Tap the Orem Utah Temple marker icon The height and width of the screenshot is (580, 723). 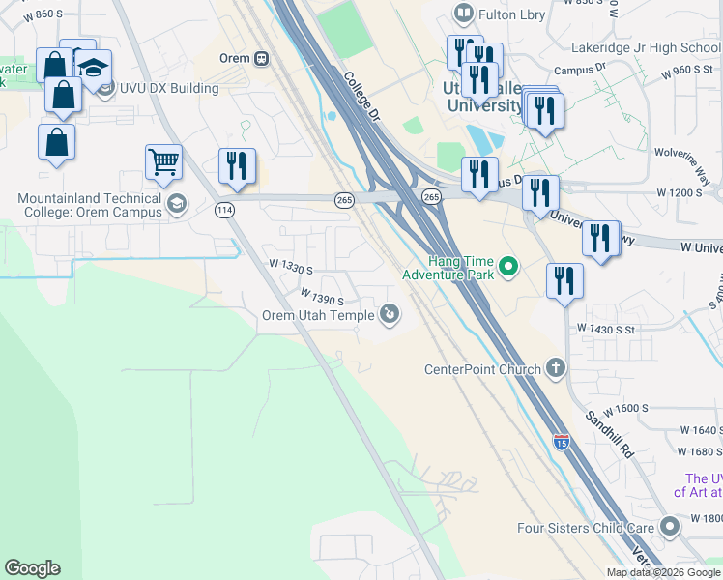389,313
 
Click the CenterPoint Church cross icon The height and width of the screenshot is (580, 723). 555,368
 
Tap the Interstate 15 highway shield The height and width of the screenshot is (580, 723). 562,443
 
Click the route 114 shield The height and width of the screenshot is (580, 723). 225,210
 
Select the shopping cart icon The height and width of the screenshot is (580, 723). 164,163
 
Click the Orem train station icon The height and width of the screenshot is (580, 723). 261,58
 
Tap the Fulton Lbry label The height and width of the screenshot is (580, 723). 512,14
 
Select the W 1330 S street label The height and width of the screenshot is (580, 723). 290,266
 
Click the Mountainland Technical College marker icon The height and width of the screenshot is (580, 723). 176,203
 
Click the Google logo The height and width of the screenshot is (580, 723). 32,568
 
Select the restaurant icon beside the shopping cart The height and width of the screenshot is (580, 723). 237,165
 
